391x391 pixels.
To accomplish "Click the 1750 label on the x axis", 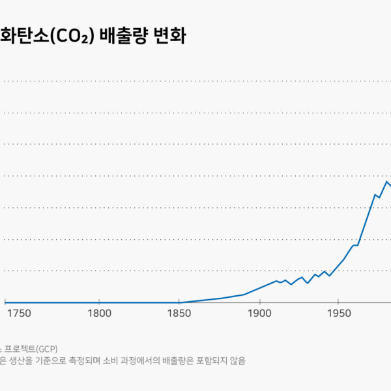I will pos(20,313).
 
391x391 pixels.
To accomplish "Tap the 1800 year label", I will pos(99,313).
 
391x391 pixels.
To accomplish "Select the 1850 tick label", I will pos(179,313).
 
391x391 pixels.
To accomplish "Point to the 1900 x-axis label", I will pos(260,313).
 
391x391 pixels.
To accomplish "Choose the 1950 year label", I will pos(340,313).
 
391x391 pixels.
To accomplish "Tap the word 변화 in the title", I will pos(169,35).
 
